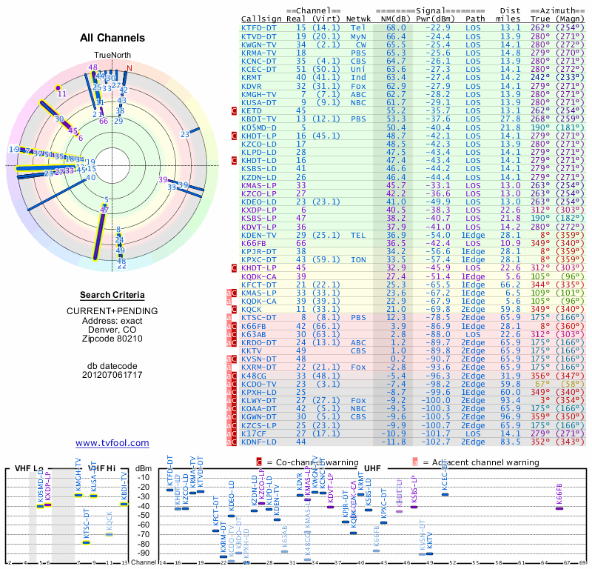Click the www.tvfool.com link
[112, 443]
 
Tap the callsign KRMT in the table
[252, 77]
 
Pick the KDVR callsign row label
[252, 85]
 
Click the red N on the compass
[129, 68]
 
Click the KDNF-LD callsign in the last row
[259, 442]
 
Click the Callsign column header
[261, 19]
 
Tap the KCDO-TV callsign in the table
[259, 385]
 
